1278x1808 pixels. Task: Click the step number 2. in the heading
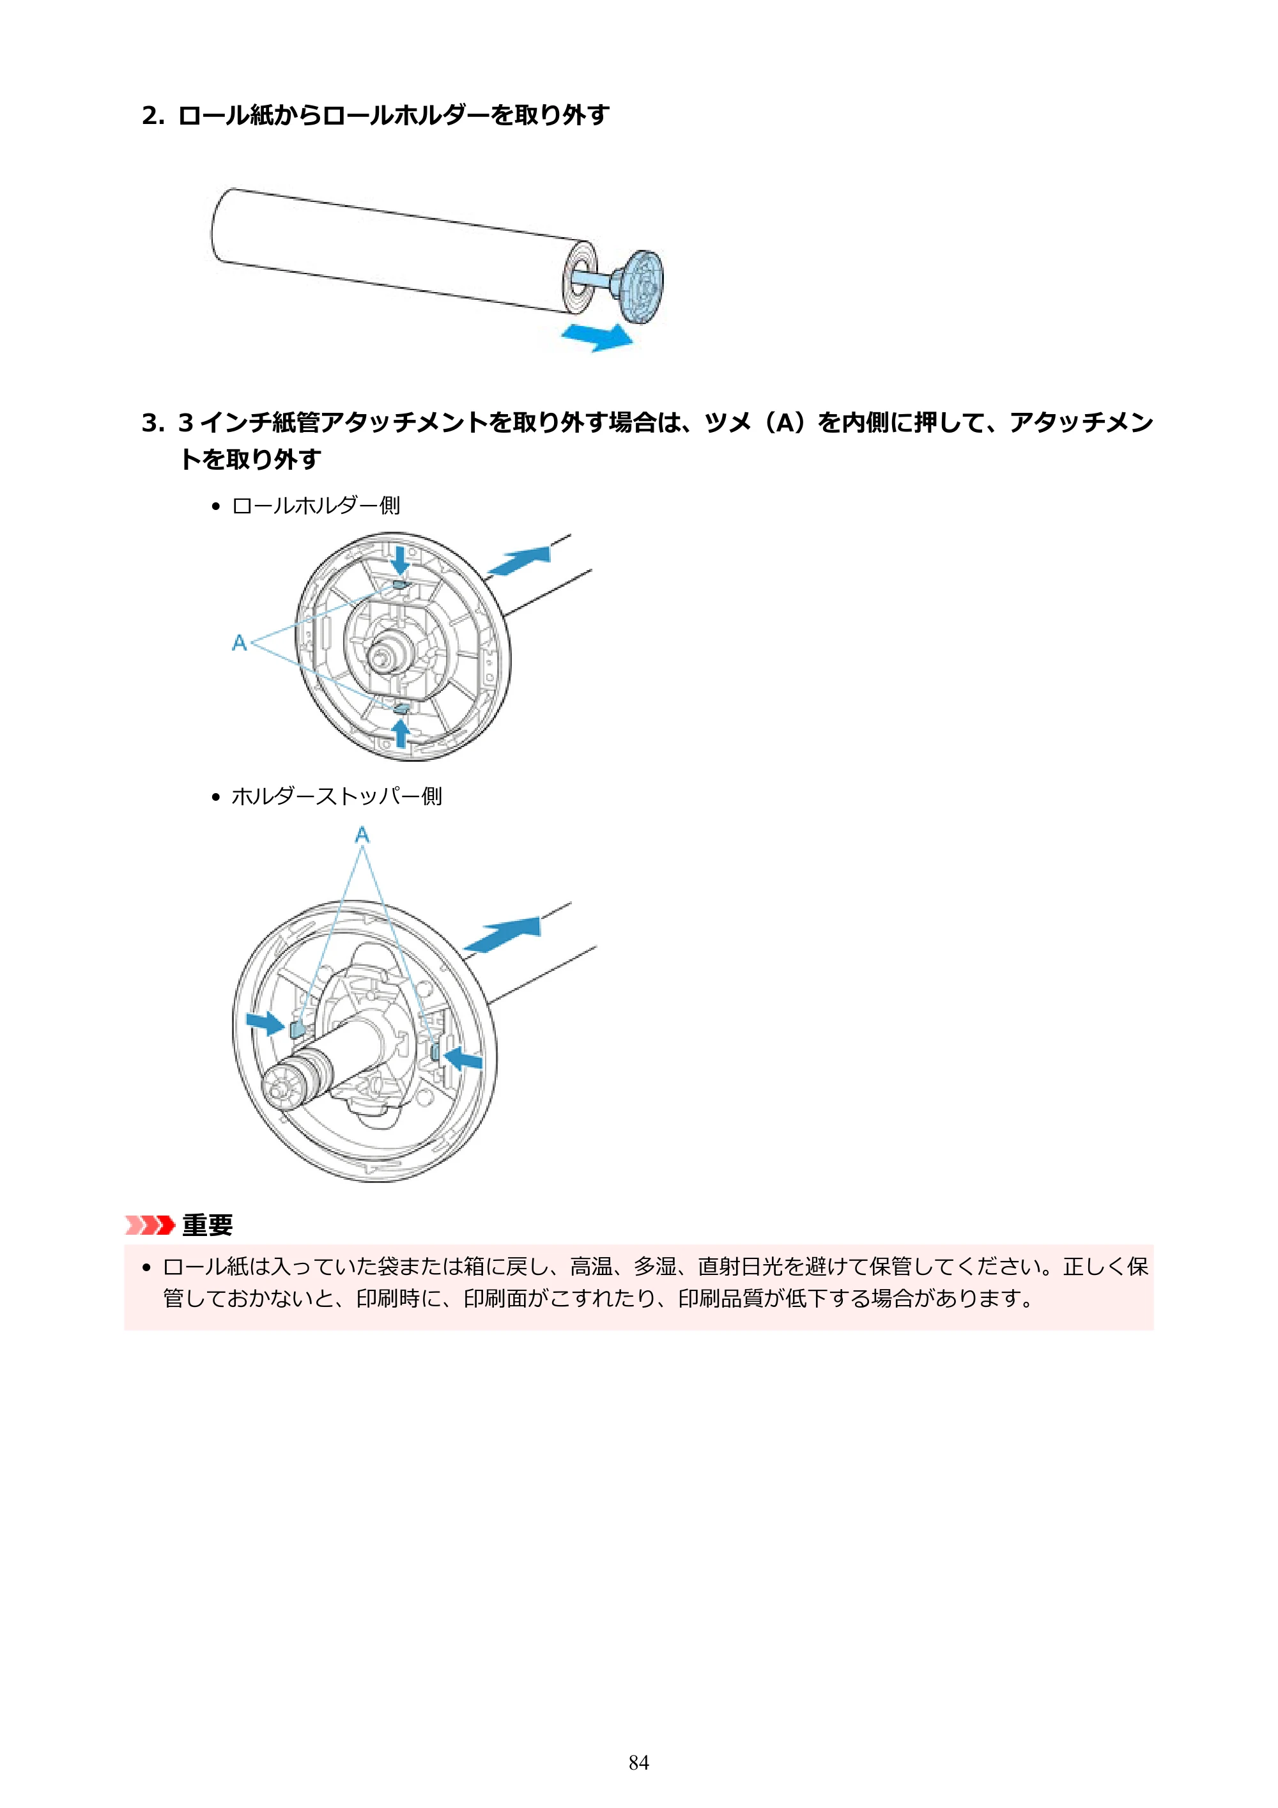pyautogui.click(x=153, y=116)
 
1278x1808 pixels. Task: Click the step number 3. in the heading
pyautogui.click(x=153, y=423)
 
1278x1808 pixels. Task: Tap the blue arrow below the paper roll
pyautogui.click(x=597, y=336)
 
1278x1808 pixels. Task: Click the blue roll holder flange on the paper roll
pyautogui.click(x=640, y=286)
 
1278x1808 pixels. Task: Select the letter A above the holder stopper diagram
pyautogui.click(x=362, y=834)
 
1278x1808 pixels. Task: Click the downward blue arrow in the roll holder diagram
pyautogui.click(x=401, y=560)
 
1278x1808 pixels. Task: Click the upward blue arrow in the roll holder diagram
pyautogui.click(x=401, y=732)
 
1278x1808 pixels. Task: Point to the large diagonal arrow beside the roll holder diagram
pyautogui.click(x=519, y=560)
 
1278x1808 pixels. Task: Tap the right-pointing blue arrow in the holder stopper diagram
pyautogui.click(x=265, y=1023)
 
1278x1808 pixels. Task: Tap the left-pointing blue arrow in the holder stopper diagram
pyautogui.click(x=463, y=1058)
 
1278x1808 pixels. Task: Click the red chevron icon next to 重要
pyautogui.click(x=150, y=1225)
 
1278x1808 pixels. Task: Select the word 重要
pyautogui.click(x=208, y=1225)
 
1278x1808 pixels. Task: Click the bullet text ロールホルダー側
pyautogui.click(x=316, y=506)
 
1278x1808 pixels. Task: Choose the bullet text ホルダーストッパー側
pyautogui.click(x=337, y=797)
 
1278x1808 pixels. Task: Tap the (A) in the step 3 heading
pyautogui.click(x=785, y=423)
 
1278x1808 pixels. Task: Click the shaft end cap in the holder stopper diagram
pyautogui.click(x=281, y=1088)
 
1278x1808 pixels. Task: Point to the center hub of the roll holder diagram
pyautogui.click(x=389, y=651)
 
